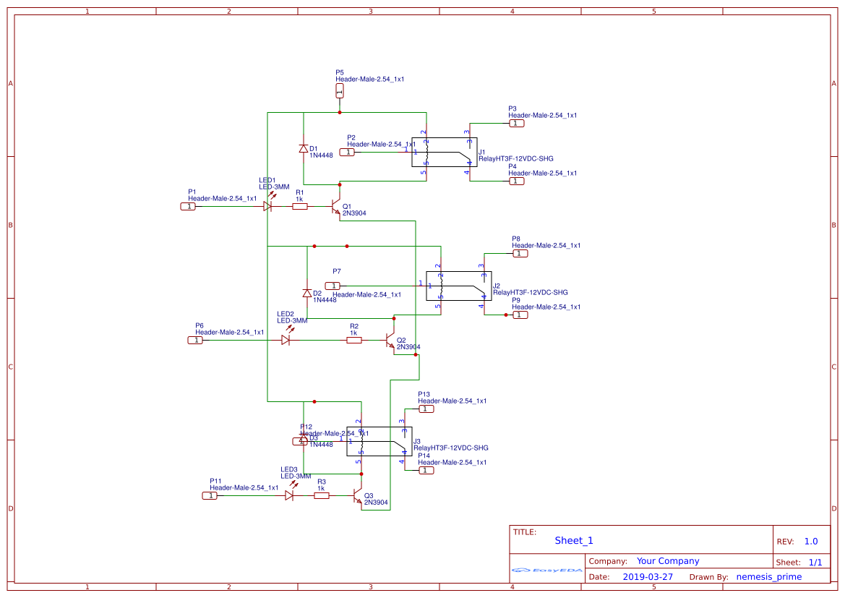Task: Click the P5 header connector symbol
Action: [x=340, y=91]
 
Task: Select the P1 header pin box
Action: [x=188, y=207]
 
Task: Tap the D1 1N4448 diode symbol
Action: [x=304, y=149]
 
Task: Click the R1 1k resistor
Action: [x=299, y=207]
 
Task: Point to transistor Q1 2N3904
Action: [x=335, y=208]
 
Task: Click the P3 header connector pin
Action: [x=516, y=124]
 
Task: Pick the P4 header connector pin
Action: [x=516, y=181]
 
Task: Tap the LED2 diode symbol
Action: [x=286, y=340]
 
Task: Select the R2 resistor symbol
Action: [x=353, y=340]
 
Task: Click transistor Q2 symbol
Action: [x=390, y=341]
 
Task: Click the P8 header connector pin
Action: [x=520, y=254]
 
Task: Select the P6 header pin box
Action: [x=195, y=340]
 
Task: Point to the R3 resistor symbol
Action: [x=322, y=496]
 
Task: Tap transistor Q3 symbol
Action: [x=357, y=497]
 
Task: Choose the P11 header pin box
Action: [x=210, y=496]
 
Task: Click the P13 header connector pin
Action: [x=426, y=409]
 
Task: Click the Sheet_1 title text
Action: [x=574, y=541]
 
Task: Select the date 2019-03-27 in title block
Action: [x=648, y=577]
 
